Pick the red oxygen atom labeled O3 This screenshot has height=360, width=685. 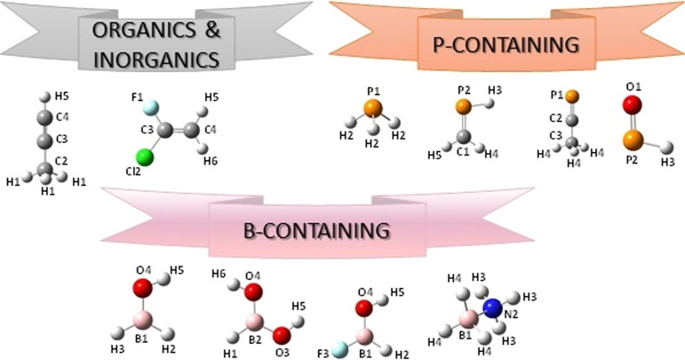click(x=281, y=335)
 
